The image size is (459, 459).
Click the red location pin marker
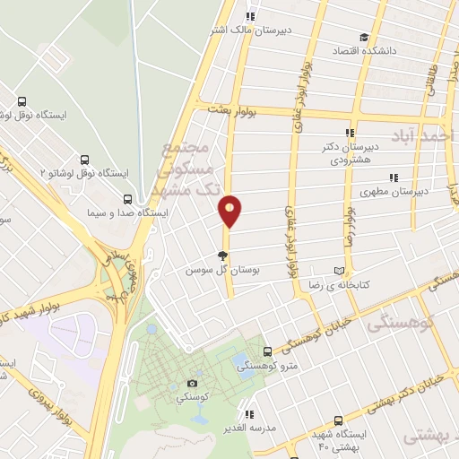230,210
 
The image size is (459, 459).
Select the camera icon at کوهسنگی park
193,383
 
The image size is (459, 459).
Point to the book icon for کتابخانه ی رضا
338,270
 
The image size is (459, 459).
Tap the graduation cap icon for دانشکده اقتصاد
364,37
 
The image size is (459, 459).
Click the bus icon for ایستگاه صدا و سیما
128,199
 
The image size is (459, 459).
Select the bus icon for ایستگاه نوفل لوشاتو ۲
85,158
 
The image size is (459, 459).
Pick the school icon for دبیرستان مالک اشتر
250,15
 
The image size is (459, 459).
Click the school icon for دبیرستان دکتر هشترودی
351,132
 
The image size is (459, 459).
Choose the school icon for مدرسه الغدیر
249,414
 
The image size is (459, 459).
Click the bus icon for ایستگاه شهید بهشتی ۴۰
337,420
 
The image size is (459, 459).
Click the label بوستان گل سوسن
221,269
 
